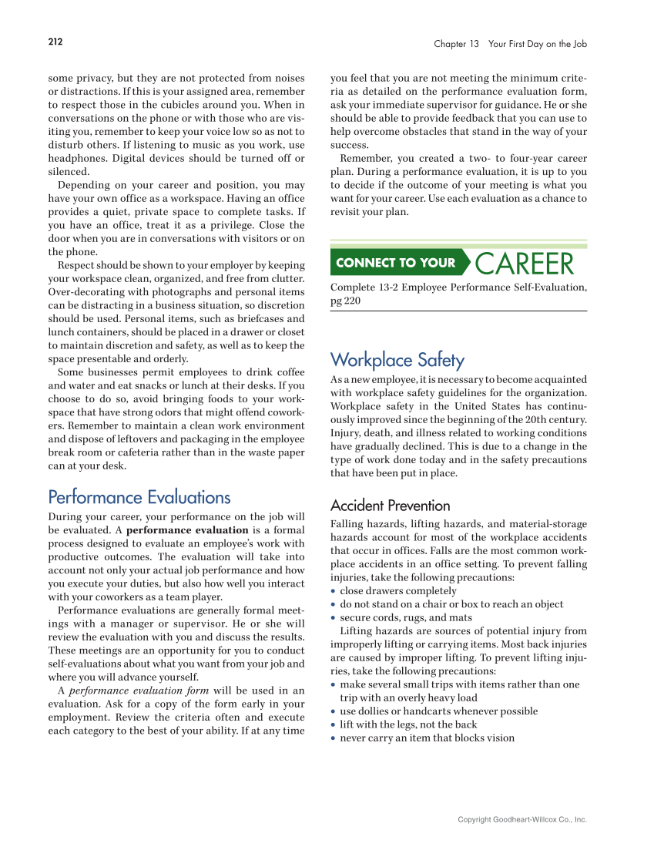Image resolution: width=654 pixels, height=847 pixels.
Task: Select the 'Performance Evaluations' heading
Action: [x=139, y=497]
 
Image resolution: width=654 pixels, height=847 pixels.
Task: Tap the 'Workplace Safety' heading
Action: [x=397, y=360]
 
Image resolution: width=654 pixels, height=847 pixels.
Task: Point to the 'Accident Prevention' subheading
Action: [x=390, y=506]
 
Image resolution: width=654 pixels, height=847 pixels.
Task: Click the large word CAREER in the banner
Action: [x=525, y=264]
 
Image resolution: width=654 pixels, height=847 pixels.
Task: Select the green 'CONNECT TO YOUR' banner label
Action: [x=396, y=263]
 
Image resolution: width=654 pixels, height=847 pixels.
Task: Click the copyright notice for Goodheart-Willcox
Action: [x=522, y=820]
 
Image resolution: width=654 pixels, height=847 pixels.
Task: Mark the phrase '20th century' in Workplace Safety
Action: [x=554, y=419]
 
